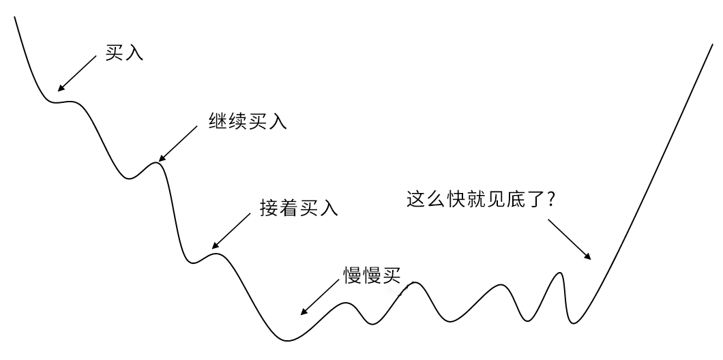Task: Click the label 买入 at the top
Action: click(x=124, y=53)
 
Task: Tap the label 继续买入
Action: click(x=248, y=121)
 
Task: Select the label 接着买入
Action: click(x=299, y=207)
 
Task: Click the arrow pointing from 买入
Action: click(x=77, y=73)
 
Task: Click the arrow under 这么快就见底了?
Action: click(x=569, y=238)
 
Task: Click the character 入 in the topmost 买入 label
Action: click(x=134, y=53)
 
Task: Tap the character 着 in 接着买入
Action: click(x=289, y=207)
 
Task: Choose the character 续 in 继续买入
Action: click(x=238, y=121)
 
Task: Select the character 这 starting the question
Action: click(x=415, y=200)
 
